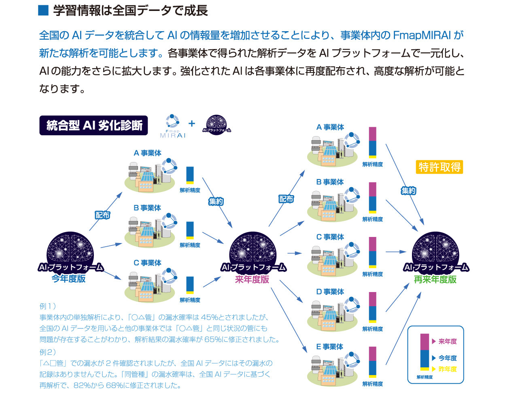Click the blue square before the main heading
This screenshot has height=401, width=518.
click(43, 11)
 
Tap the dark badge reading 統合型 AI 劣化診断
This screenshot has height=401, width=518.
click(93, 125)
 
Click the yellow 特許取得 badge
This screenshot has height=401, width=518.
click(439, 167)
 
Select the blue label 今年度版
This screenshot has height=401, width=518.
click(69, 278)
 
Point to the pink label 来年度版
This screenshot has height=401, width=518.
click(252, 279)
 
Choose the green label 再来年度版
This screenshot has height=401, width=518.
click(435, 279)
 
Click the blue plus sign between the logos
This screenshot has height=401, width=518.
click(192, 123)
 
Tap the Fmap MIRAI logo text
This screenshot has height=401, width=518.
click(172, 134)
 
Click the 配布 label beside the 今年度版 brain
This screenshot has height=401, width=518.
click(102, 215)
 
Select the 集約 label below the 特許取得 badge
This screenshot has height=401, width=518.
click(408, 191)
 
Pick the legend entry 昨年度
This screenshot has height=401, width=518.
click(448, 369)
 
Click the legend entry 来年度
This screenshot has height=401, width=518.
click(448, 341)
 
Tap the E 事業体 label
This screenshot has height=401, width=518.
click(329, 347)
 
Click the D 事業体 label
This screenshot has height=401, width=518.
click(330, 292)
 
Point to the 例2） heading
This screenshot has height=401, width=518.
click(48, 352)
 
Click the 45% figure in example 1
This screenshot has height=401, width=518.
click(210, 317)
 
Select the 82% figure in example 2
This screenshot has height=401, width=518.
click(82, 385)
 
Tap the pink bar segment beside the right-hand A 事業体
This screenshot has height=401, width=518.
click(373, 134)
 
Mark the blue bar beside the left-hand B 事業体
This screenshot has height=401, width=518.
click(190, 229)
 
